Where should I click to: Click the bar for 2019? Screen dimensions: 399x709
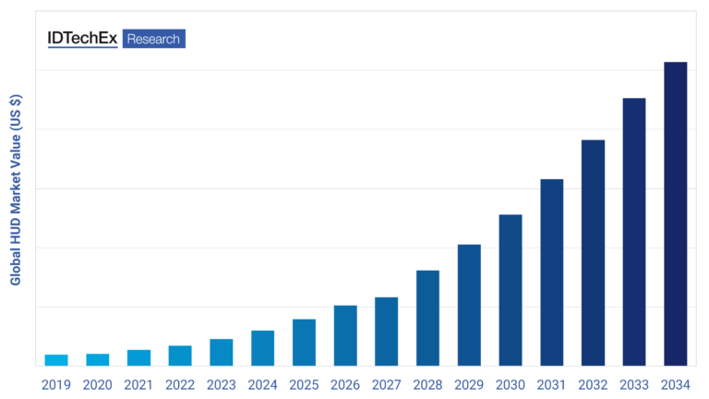pos(56,360)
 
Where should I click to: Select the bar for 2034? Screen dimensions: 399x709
pos(676,213)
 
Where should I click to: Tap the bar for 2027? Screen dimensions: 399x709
pos(387,332)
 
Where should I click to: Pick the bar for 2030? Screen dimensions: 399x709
pos(511,290)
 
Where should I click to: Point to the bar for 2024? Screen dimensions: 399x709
pos(262,348)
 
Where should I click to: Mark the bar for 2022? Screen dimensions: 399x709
pos(180,356)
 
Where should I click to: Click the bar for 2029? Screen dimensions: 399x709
pos(469,305)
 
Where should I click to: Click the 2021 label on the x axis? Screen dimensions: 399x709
pos(138,383)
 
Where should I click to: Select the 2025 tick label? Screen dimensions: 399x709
pos(304,383)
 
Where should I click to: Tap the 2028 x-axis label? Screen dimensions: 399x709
pos(427,383)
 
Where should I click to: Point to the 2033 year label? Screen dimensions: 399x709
pos(634,383)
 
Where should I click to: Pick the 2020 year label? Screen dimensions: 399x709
pos(98,383)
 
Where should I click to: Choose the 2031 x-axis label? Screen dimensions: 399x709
pos(552,383)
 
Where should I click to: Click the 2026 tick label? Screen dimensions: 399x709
pos(345,383)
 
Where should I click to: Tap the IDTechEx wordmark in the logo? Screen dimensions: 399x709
pos(82,39)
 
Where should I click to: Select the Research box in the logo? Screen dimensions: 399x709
pos(153,39)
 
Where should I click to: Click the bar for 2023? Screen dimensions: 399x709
pos(222,352)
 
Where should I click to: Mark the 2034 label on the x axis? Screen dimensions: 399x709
pos(676,383)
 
